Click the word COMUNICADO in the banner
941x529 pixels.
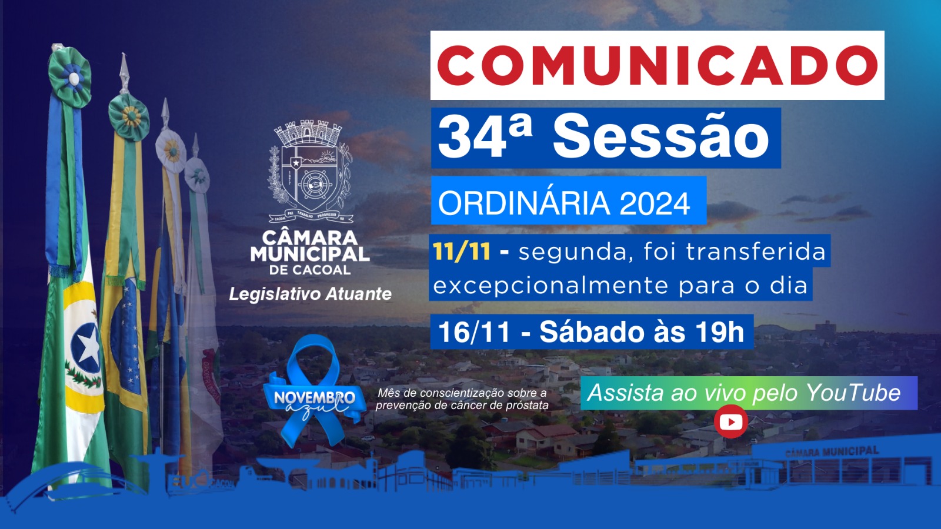[657, 65]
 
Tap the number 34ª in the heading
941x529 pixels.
[485, 137]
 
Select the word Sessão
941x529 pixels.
[660, 137]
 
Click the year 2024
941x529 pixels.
[655, 203]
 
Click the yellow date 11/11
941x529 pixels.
[462, 252]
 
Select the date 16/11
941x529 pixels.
[474, 332]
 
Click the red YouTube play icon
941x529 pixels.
[730, 421]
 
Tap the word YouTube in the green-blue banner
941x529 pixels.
[853, 393]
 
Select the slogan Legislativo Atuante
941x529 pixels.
[310, 294]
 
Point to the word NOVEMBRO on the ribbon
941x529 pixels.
[314, 398]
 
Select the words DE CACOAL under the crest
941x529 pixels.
[310, 270]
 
